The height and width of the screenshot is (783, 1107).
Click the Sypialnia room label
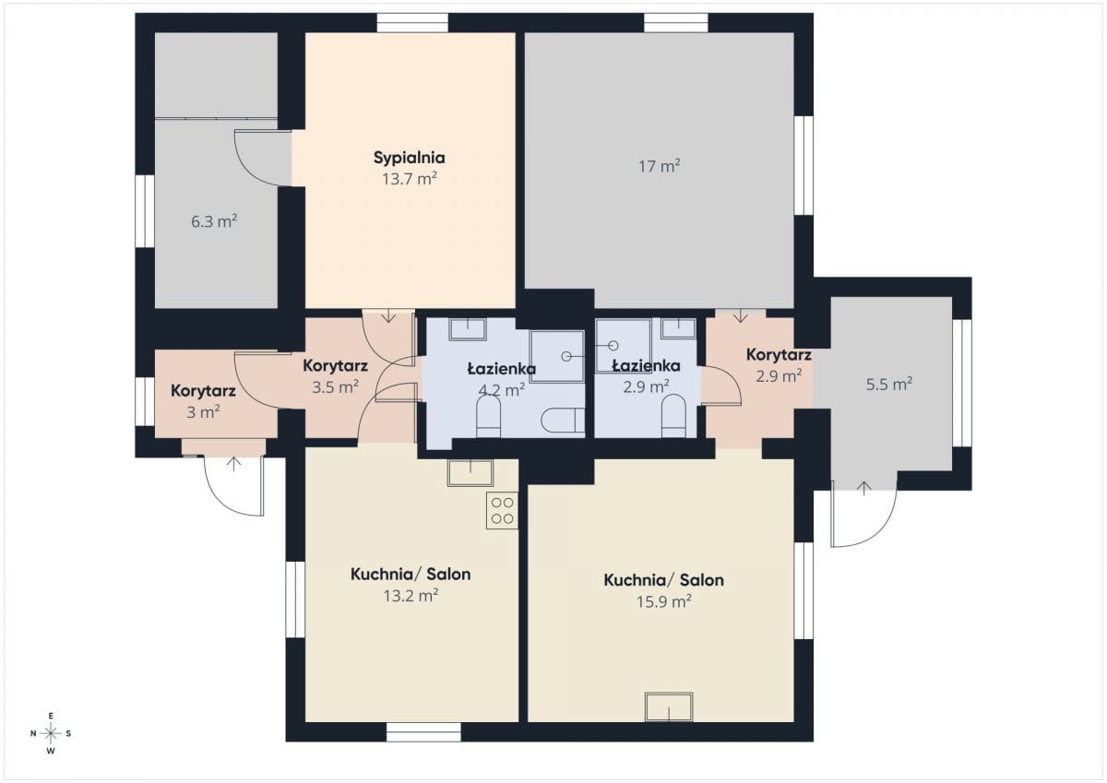point(410,158)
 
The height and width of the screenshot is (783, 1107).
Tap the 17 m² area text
point(660,166)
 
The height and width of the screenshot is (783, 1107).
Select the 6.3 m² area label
point(214,221)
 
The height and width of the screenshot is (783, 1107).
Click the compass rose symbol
point(51,733)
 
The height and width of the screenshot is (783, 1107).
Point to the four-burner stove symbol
point(502,510)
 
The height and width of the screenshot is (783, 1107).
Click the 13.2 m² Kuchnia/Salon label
point(411,585)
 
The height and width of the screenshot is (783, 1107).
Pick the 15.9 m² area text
point(663,601)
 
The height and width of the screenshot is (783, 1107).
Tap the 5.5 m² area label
point(889,384)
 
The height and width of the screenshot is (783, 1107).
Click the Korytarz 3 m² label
point(203,401)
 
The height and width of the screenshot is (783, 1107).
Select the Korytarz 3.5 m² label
point(335,376)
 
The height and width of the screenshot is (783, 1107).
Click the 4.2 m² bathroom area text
point(502,390)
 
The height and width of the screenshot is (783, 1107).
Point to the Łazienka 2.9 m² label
point(647,376)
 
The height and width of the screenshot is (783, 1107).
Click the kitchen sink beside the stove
point(470,473)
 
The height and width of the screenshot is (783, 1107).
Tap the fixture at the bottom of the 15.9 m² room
point(669,707)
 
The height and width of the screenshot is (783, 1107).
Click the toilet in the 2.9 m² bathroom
point(673,416)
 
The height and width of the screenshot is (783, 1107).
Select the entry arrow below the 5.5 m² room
point(863,489)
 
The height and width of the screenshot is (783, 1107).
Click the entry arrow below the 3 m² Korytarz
point(233,464)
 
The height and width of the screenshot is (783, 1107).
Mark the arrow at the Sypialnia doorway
point(389,315)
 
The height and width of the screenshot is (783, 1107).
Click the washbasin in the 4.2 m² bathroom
point(468,329)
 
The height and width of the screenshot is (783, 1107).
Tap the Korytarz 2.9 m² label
point(779,365)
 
